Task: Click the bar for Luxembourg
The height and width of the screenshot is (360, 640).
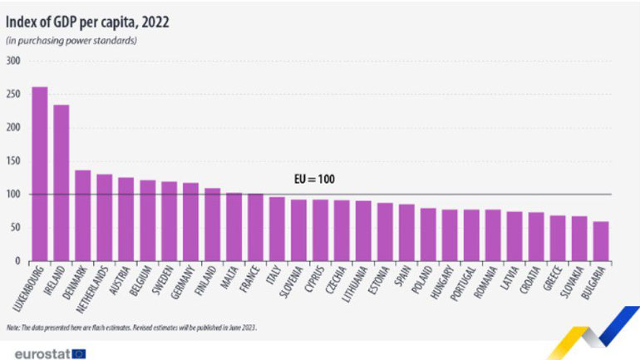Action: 39,174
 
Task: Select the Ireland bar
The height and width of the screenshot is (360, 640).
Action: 61,183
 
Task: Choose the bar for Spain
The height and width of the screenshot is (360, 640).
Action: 406,233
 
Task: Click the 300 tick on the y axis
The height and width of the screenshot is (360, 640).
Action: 13,62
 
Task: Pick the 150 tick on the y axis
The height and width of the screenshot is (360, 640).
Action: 13,161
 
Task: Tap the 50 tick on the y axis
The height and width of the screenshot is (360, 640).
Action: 16,228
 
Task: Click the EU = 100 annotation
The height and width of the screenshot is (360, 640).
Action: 315,180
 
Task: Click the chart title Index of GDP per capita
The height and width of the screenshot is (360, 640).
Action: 87,22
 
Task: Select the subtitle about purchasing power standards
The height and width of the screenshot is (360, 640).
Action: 71,41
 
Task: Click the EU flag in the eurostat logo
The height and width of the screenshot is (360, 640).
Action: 79,353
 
